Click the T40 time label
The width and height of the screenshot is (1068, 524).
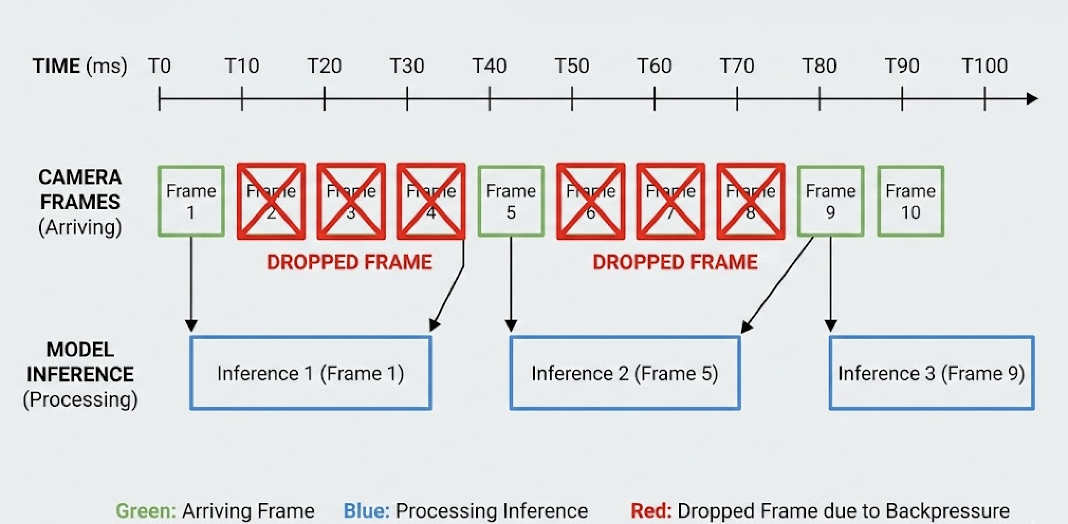click(489, 66)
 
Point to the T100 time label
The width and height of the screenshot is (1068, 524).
click(984, 66)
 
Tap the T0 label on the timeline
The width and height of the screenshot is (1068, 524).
click(159, 66)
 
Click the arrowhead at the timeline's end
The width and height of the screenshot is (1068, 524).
click(1032, 99)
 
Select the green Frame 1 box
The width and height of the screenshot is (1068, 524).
click(191, 201)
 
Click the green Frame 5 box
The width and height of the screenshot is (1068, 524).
click(511, 201)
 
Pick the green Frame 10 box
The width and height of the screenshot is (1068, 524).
click(910, 201)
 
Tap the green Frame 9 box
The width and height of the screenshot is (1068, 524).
click(830, 201)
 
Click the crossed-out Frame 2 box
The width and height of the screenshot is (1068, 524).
click(271, 201)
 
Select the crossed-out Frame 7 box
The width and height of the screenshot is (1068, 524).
click(670, 201)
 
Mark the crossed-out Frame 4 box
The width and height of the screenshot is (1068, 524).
click(431, 201)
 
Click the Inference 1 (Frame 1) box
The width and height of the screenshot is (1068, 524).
click(310, 373)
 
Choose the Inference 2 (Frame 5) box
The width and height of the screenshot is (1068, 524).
click(624, 373)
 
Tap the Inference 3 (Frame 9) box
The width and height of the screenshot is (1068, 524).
click(931, 373)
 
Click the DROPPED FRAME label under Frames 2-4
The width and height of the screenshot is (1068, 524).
click(349, 262)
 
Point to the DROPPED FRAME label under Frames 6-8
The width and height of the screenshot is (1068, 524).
click(675, 262)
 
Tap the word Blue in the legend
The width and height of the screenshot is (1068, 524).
click(366, 511)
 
